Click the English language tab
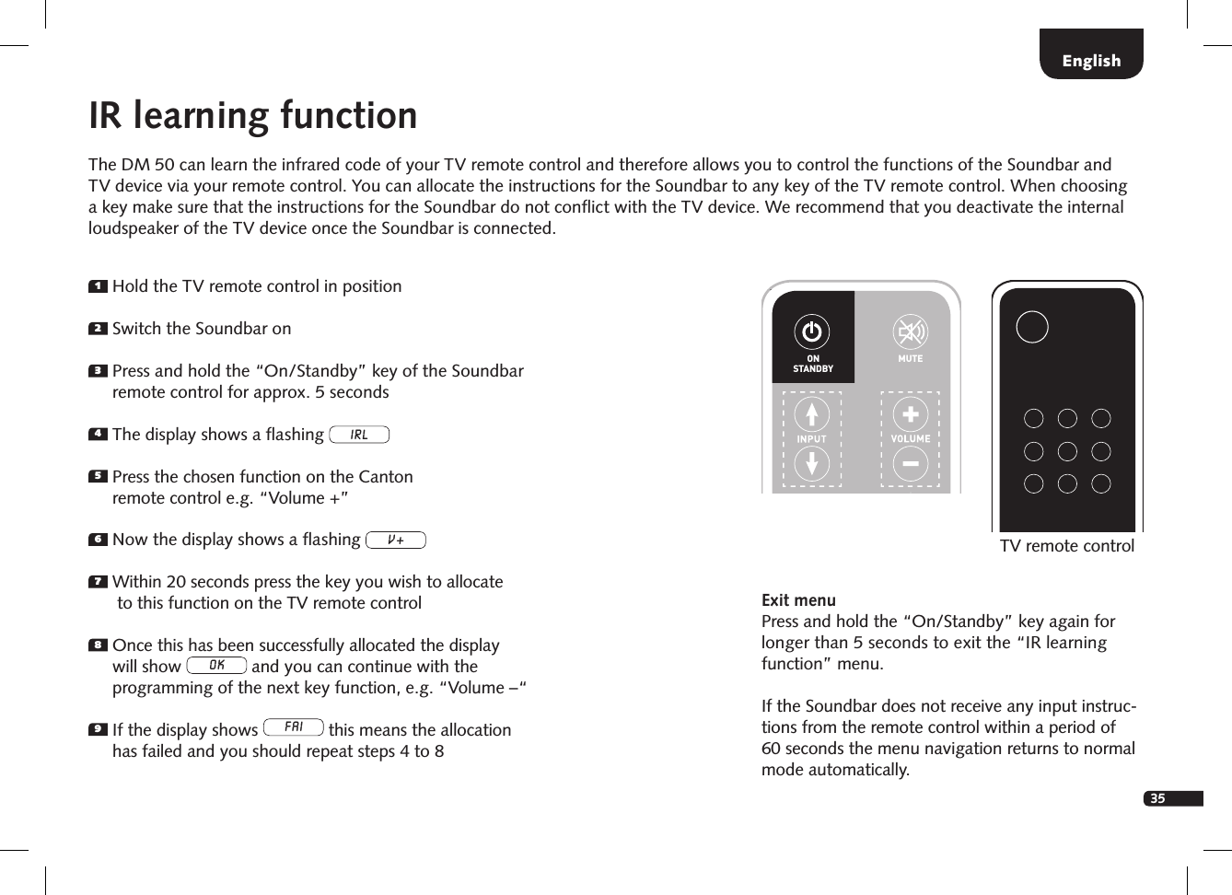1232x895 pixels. pyautogui.click(x=1091, y=61)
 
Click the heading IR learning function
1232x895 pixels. pyautogui.click(x=253, y=116)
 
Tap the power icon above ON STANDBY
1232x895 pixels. pyautogui.click(x=812, y=331)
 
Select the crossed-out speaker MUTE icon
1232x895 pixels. pyautogui.click(x=910, y=331)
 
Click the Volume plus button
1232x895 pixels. pyautogui.click(x=910, y=414)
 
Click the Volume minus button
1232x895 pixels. pyautogui.click(x=910, y=465)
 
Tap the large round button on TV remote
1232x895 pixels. pyautogui.click(x=1032, y=327)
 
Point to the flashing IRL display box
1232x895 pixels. pyautogui.click(x=359, y=435)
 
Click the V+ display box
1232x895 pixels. pyautogui.click(x=396, y=540)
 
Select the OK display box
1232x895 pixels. pyautogui.click(x=216, y=665)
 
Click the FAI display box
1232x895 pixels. pyautogui.click(x=294, y=727)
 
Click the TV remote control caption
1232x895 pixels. pyautogui.click(x=1066, y=546)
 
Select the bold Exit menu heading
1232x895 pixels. pyautogui.click(x=798, y=600)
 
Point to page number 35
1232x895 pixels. pyautogui.click(x=1158, y=798)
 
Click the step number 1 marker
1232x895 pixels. pyautogui.click(x=98, y=287)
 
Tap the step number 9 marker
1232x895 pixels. pyautogui.click(x=98, y=730)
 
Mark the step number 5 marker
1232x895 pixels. pyautogui.click(x=98, y=477)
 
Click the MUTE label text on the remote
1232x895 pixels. pyautogui.click(x=910, y=359)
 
